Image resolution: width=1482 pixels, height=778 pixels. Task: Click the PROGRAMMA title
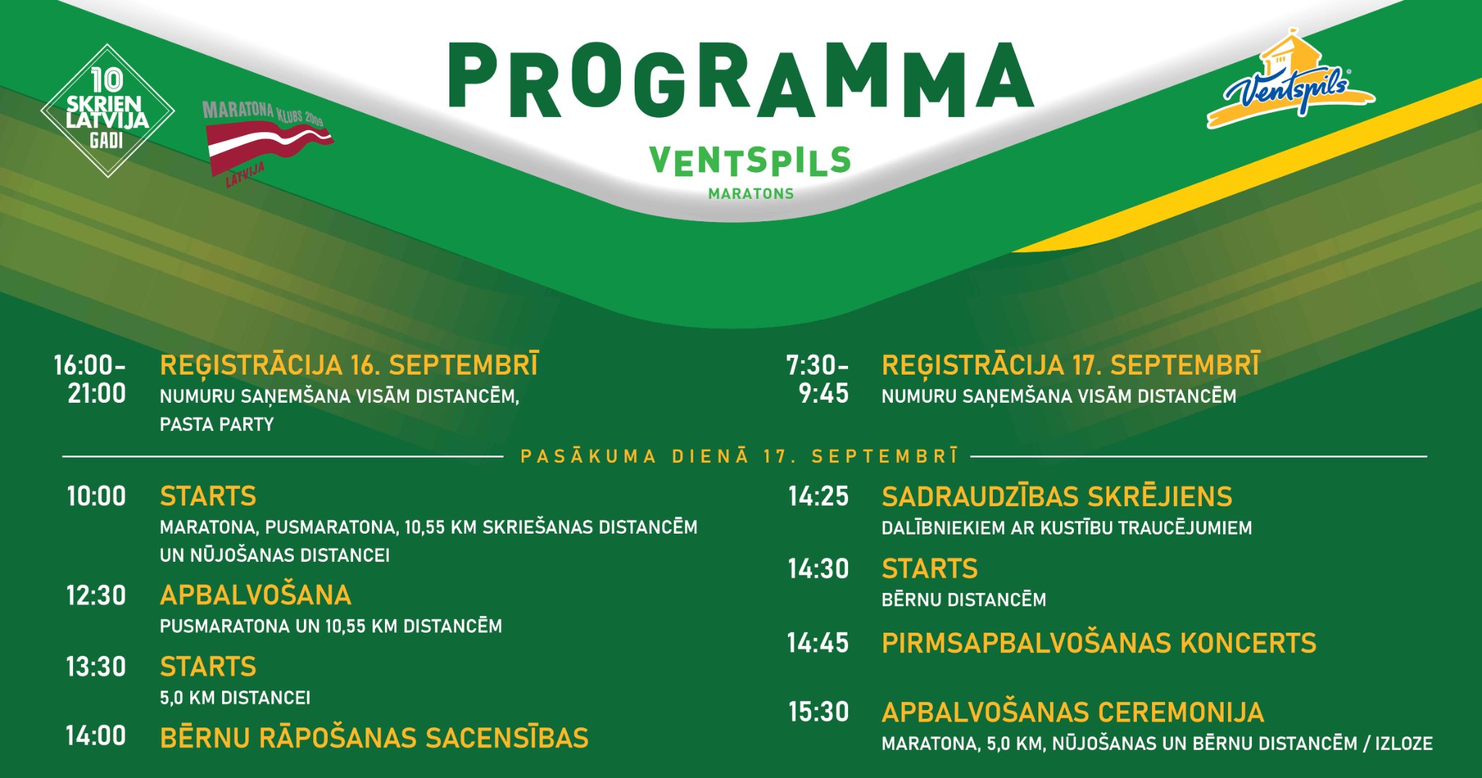[741, 80]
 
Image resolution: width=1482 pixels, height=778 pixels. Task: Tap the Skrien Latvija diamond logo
[107, 111]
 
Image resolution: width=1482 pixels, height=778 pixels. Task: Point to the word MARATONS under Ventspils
[751, 194]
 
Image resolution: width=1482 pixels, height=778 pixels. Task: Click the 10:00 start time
[96, 496]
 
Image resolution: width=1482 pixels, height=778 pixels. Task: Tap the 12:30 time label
[96, 596]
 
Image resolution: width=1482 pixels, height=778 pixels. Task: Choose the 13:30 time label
[96, 667]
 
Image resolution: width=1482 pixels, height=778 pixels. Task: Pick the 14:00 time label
[96, 736]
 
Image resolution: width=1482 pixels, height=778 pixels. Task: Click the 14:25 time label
[818, 496]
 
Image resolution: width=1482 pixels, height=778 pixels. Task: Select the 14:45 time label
[818, 643]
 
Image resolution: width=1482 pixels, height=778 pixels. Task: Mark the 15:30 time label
[818, 712]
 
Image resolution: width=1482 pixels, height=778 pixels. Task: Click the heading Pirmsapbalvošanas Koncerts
[1099, 643]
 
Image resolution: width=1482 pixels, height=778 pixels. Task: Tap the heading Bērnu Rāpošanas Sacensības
[374, 738]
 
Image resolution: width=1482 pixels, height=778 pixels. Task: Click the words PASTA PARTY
[217, 424]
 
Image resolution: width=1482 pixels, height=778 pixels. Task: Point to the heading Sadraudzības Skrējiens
[1057, 497]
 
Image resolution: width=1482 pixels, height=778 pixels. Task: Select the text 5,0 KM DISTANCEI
[235, 698]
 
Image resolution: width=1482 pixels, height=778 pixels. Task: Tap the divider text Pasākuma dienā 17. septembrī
[740, 456]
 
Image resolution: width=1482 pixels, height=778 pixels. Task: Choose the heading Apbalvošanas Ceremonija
[1073, 712]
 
